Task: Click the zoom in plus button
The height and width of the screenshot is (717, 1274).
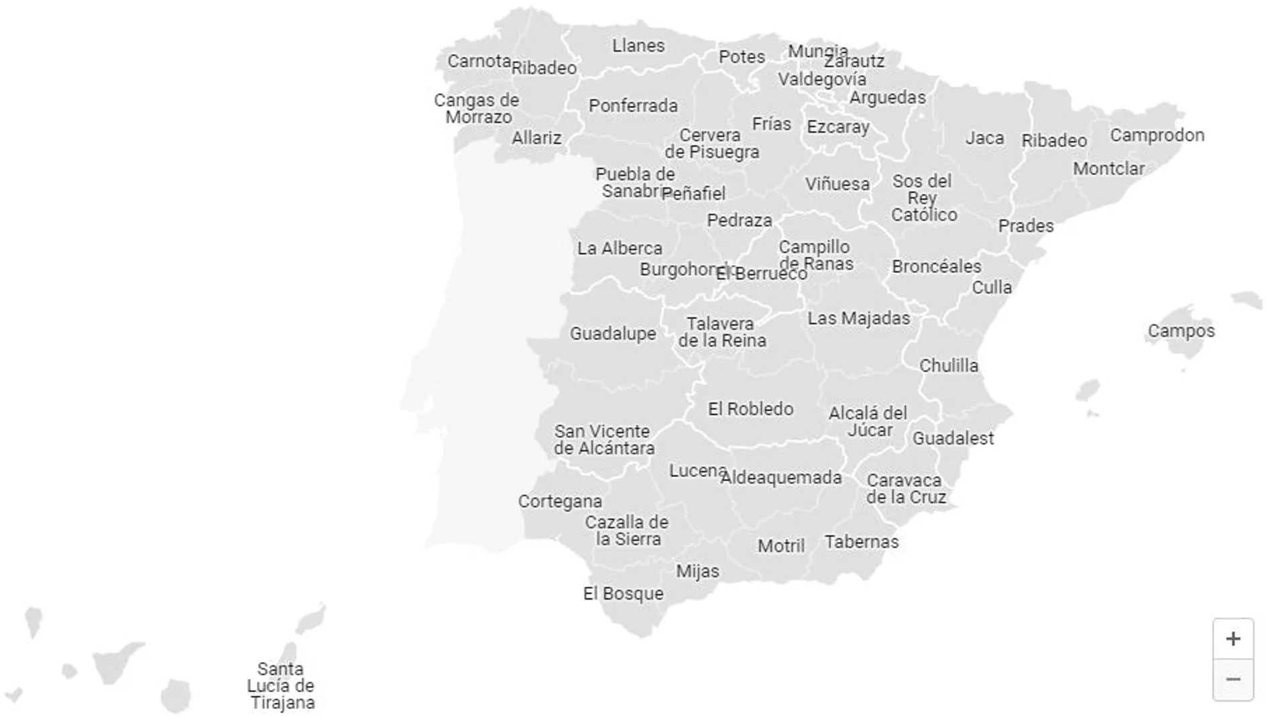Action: click(1232, 639)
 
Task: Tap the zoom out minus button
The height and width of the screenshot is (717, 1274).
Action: click(1232, 679)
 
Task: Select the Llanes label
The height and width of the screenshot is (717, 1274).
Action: click(638, 46)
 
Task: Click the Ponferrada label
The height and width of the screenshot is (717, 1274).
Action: click(633, 106)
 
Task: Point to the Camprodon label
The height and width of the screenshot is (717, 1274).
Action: click(1157, 135)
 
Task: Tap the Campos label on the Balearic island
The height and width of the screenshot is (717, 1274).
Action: click(1181, 331)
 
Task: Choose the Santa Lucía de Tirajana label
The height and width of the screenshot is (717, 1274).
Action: click(281, 685)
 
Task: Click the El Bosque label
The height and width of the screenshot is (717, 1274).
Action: click(623, 594)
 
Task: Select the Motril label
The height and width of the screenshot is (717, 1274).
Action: click(781, 546)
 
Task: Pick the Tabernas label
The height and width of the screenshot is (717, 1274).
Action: click(862, 542)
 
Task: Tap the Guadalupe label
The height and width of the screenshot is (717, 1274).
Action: click(613, 333)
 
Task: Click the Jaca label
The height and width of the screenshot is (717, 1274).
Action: click(984, 138)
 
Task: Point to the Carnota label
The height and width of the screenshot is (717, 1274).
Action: click(479, 61)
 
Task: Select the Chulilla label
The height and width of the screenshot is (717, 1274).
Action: click(948, 366)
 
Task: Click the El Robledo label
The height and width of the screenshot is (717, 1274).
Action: click(750, 408)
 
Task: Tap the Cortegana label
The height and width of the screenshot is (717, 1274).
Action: click(560, 501)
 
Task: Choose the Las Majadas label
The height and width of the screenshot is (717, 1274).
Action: click(858, 318)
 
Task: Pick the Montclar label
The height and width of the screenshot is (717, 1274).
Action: click(1108, 168)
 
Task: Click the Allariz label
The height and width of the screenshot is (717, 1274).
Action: click(536, 138)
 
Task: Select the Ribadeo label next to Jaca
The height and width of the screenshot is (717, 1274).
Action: click(1054, 141)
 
